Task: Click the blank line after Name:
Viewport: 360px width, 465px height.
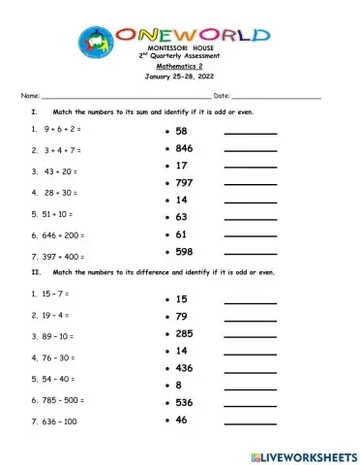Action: (126, 98)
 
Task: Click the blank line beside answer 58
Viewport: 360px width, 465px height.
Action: (250, 134)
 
